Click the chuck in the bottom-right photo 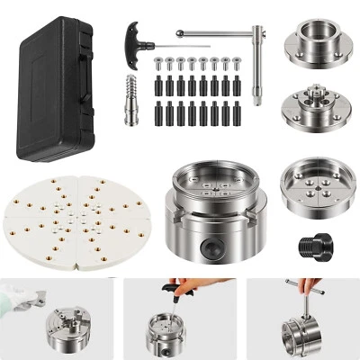click(x=301, y=333)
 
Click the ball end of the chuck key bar click(x=179, y=33)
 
